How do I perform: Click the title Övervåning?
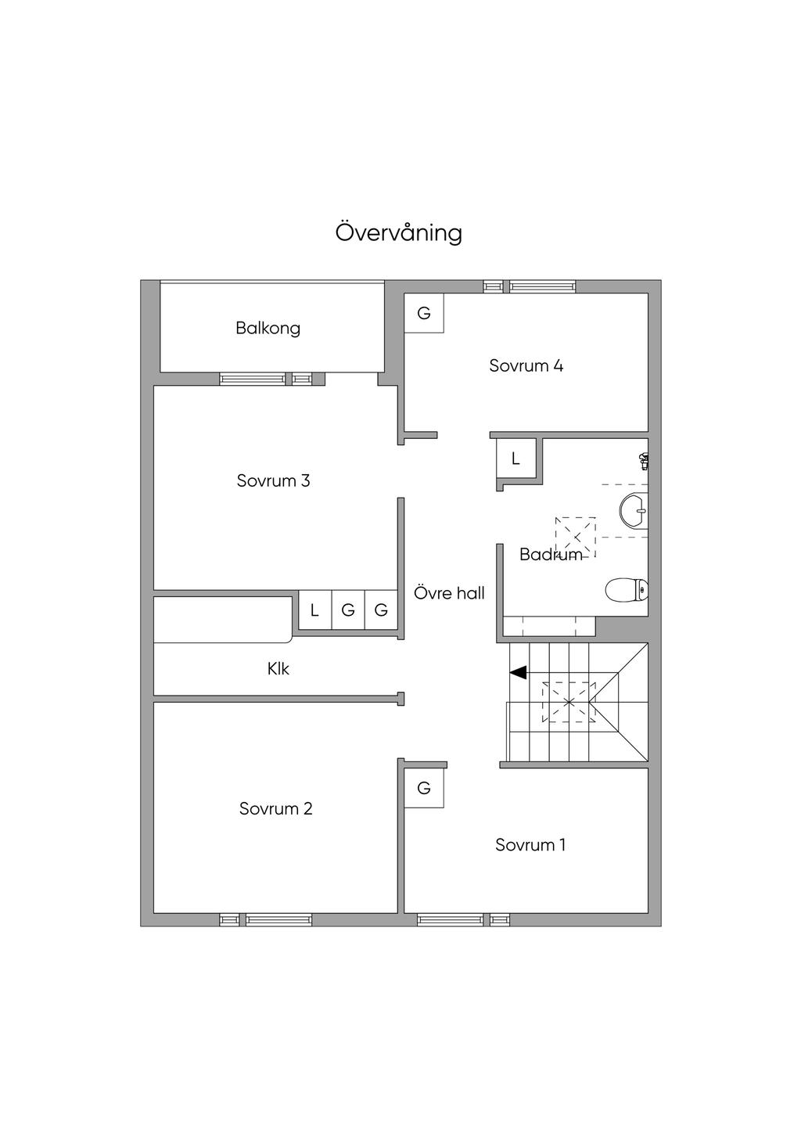399,233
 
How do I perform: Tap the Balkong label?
268,328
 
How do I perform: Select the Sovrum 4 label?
526,365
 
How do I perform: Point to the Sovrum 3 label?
273,480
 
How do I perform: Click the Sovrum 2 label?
275,808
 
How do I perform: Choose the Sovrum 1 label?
530,845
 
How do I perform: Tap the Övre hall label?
449,593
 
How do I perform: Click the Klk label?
278,669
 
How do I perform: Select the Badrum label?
551,555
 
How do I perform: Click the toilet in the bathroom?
627,590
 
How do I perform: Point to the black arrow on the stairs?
518,672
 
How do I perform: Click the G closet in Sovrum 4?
424,313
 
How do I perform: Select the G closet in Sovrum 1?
424,788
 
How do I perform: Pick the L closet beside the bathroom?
515,459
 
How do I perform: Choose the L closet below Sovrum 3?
314,610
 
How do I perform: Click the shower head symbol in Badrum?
644,461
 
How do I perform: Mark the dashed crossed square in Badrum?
575,537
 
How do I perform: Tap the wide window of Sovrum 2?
278,920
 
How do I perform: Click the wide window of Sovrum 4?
542,287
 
